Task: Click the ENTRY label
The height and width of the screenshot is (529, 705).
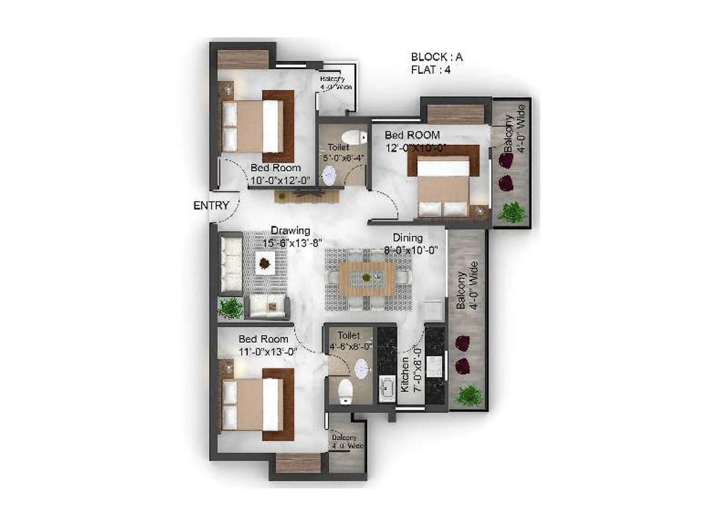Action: click(211, 205)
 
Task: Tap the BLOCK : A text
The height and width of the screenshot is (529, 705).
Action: click(437, 57)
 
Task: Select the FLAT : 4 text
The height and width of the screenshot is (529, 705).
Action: click(430, 70)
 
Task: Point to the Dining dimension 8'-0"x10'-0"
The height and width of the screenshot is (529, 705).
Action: click(411, 250)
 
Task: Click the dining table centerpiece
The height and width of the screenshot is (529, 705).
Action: click(366, 277)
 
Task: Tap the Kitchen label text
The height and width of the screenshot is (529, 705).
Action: click(404, 374)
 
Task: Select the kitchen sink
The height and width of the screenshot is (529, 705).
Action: click(387, 388)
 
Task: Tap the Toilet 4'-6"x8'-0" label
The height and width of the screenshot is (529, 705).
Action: click(350, 341)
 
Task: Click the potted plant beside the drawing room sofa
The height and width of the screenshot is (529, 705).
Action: click(230, 308)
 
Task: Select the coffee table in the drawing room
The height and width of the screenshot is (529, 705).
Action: click(265, 263)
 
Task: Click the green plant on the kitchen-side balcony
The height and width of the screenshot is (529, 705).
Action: click(469, 395)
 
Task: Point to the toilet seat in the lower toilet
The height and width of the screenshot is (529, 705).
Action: click(345, 391)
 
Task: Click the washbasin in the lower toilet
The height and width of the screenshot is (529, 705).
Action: click(361, 369)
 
